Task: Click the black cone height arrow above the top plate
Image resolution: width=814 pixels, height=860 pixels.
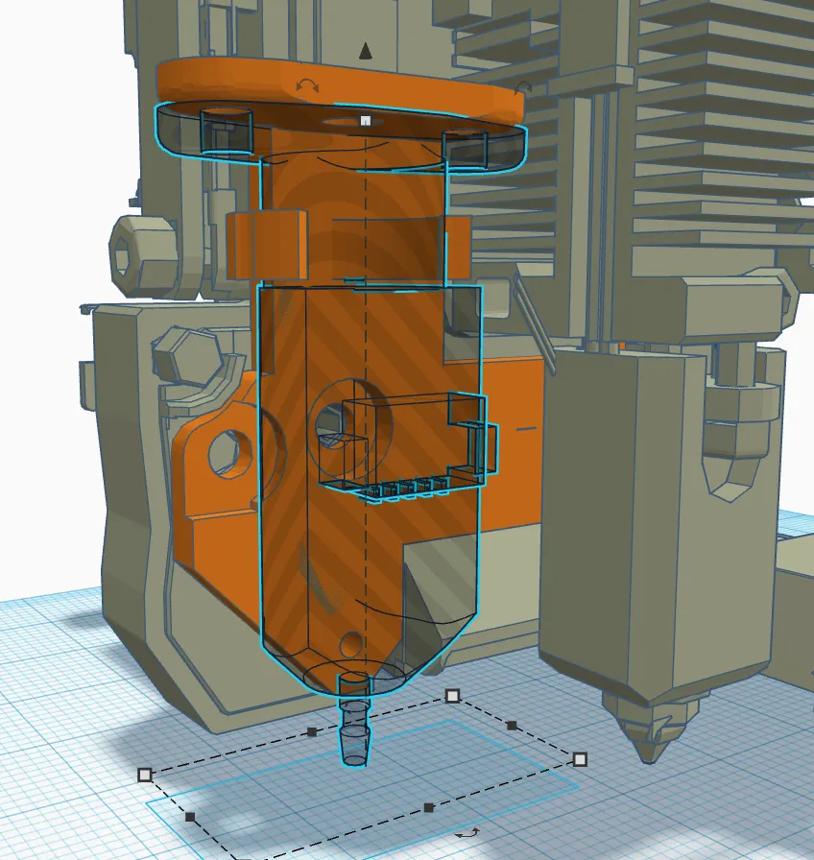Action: pyautogui.click(x=365, y=51)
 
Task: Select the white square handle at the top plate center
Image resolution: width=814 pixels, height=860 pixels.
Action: pyautogui.click(x=365, y=121)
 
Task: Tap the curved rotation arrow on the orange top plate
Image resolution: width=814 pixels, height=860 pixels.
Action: pyautogui.click(x=308, y=86)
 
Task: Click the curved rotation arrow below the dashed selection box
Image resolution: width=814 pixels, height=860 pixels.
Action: pyautogui.click(x=467, y=833)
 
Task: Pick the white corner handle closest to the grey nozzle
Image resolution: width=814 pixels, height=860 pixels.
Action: pyautogui.click(x=580, y=759)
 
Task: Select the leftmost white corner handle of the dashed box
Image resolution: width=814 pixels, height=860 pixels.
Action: pyautogui.click(x=145, y=774)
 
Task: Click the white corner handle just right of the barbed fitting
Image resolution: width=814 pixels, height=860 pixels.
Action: pyautogui.click(x=453, y=695)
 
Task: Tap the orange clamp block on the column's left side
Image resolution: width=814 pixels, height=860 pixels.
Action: pyautogui.click(x=267, y=244)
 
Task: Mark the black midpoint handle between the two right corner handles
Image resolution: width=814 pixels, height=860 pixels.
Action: pyautogui.click(x=513, y=726)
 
